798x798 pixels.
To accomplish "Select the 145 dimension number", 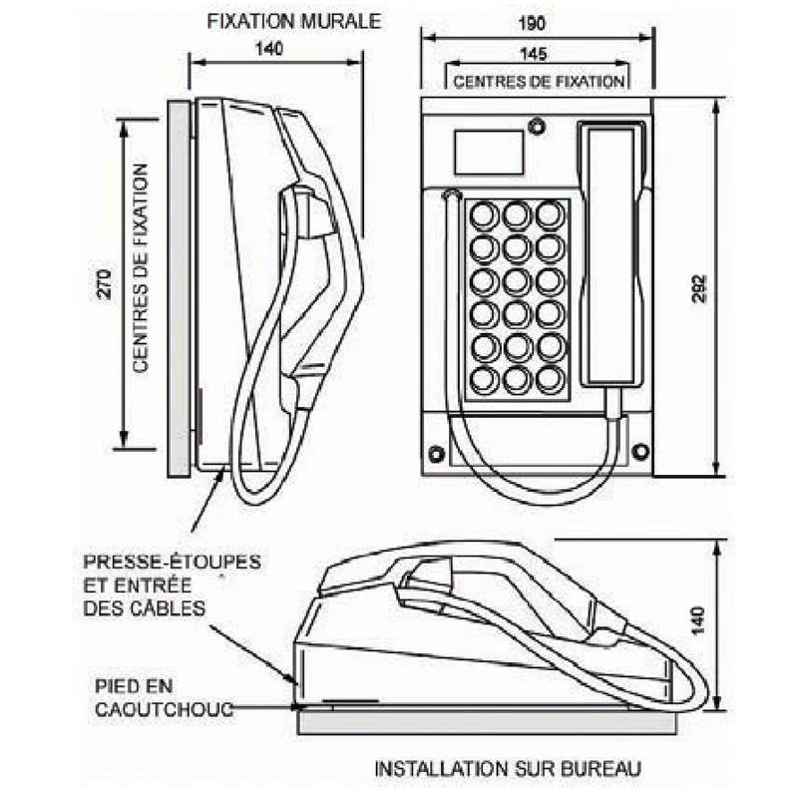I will click(x=537, y=56).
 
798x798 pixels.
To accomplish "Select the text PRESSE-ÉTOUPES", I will click(x=172, y=562).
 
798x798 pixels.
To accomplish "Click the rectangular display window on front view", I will click(x=489, y=153).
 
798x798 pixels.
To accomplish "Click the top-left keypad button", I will click(x=484, y=215).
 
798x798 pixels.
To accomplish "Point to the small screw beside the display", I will click(x=538, y=127).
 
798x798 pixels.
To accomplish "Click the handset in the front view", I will click(x=611, y=254).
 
